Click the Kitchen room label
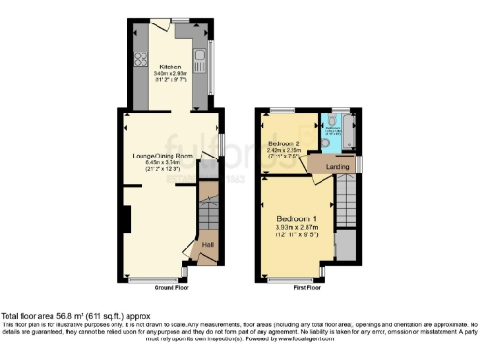click(x=170, y=67)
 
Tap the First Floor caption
click(x=307, y=287)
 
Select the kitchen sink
click(x=201, y=53)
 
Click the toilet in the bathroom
click(x=325, y=121)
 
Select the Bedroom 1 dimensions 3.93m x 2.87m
click(x=296, y=228)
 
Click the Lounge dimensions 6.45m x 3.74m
click(x=170, y=162)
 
